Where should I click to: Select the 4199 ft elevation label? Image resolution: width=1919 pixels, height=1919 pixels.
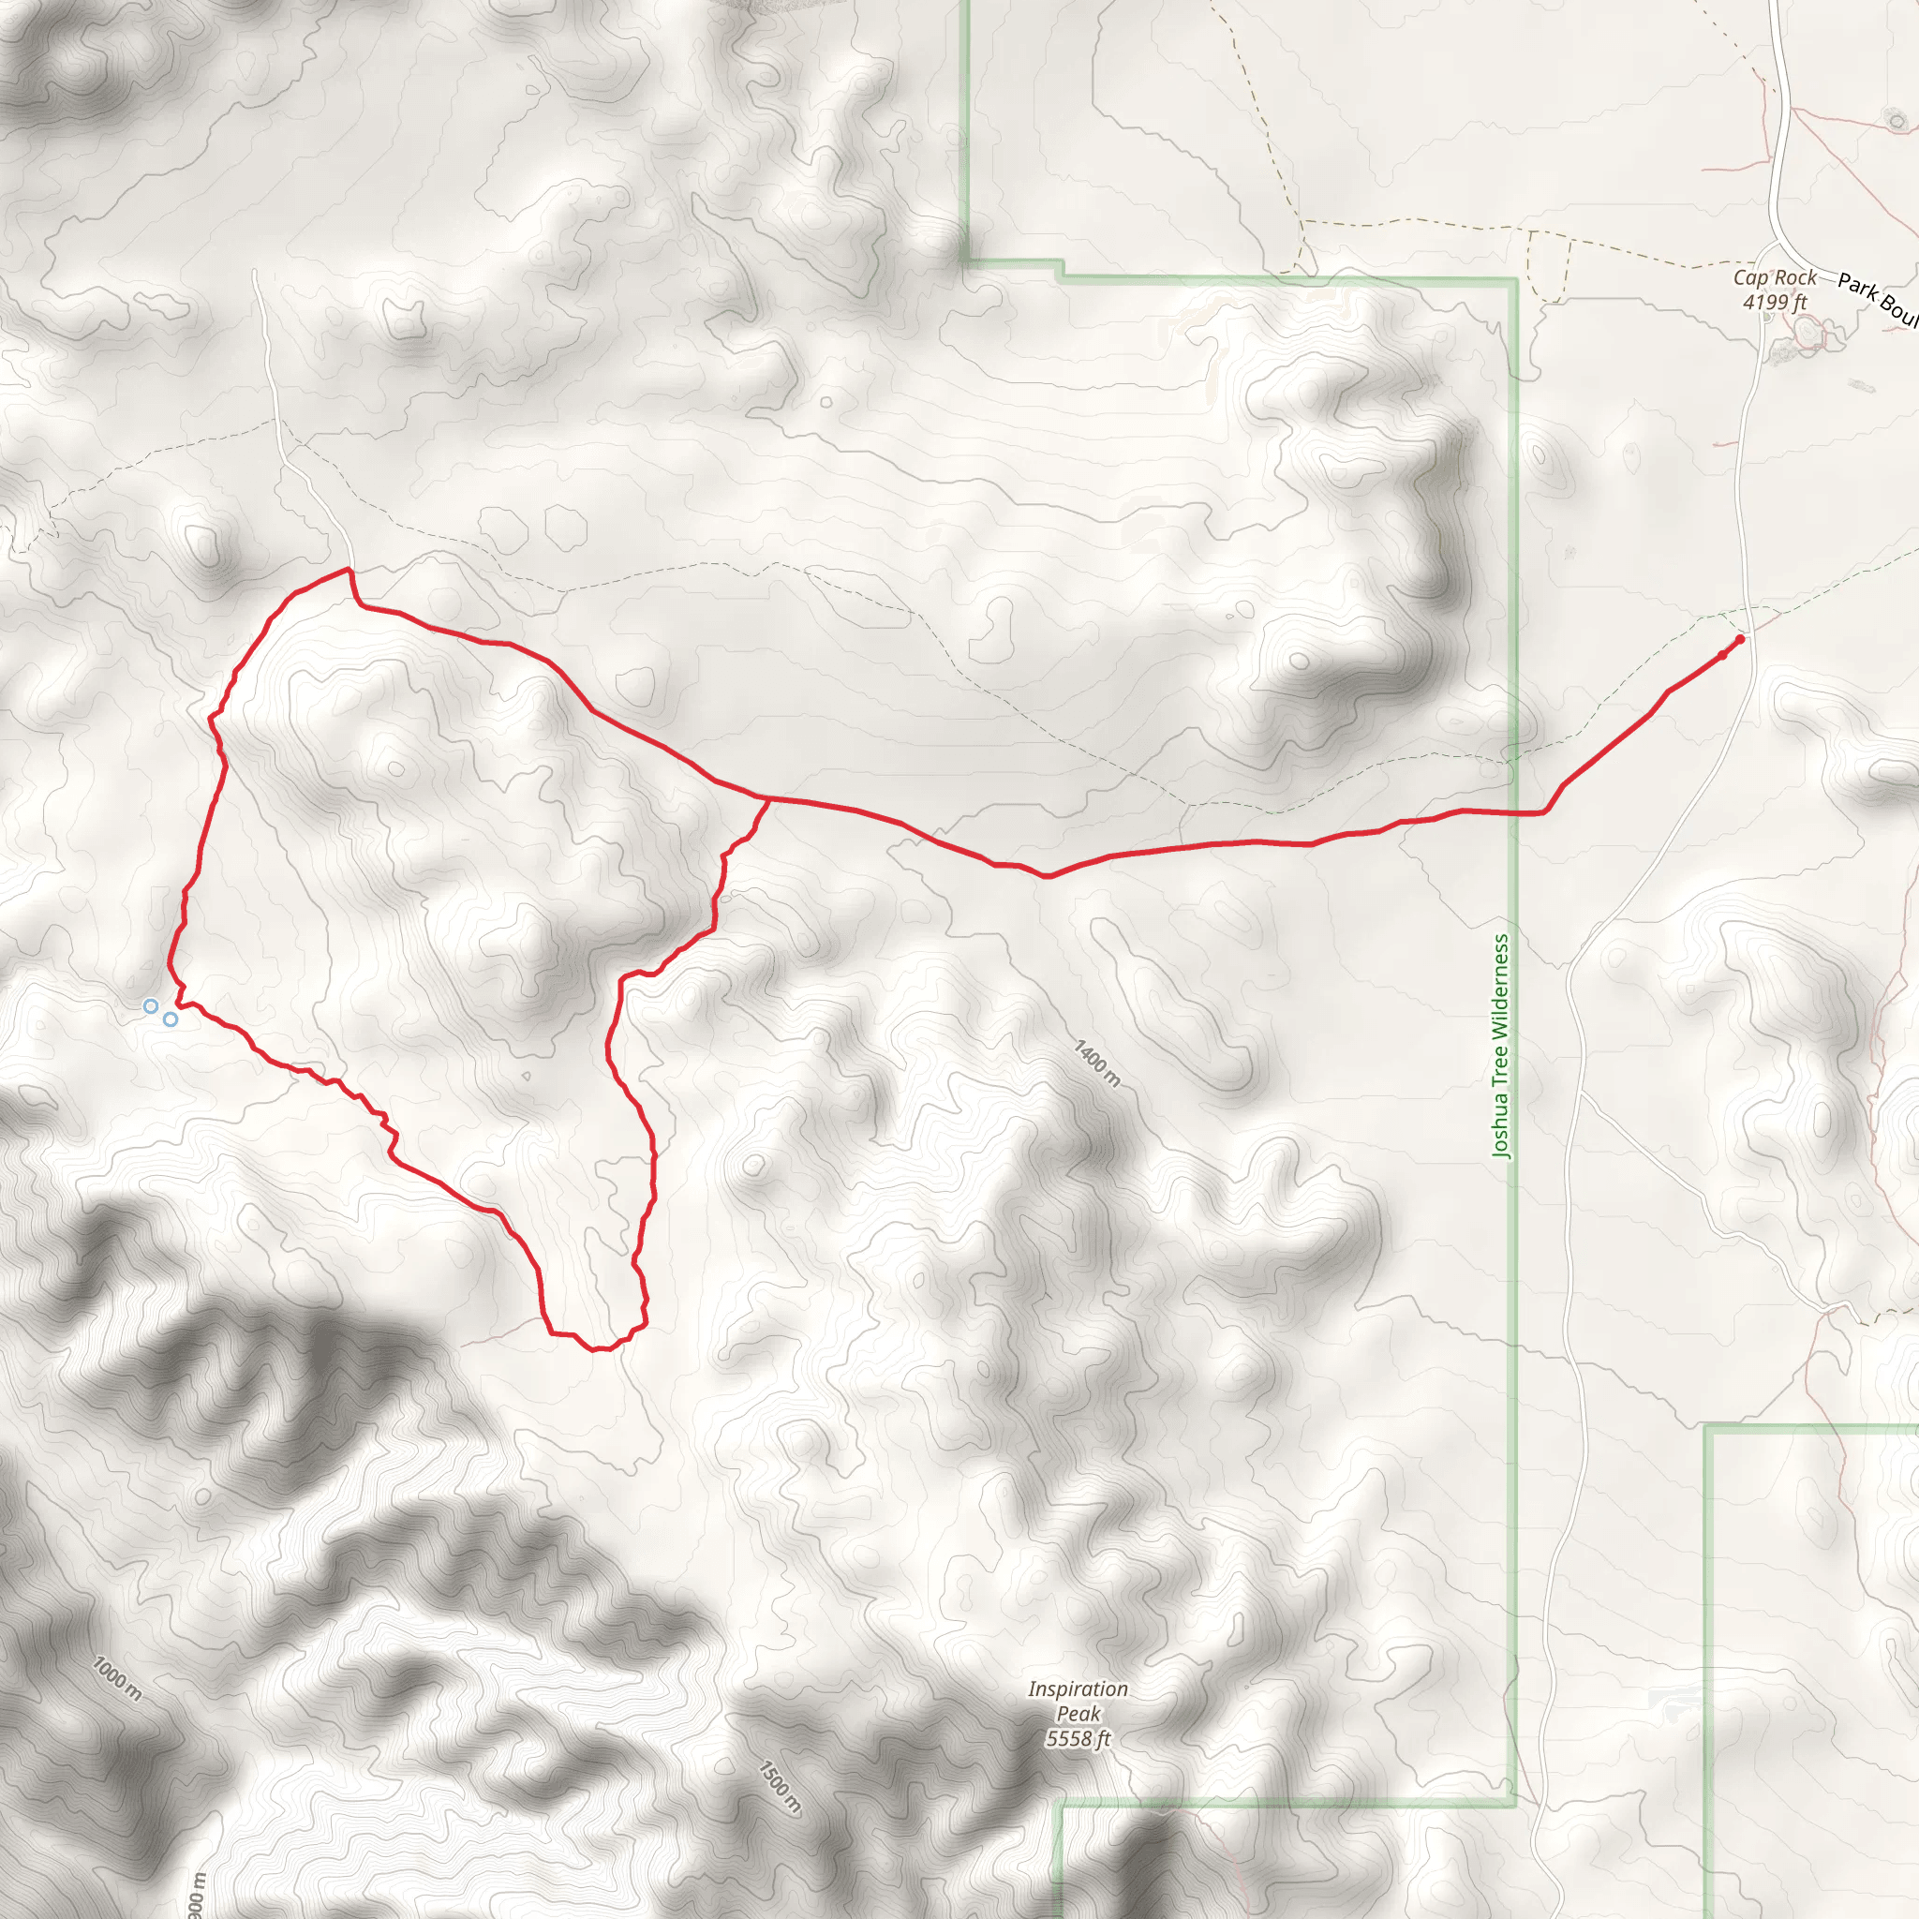click(x=1775, y=302)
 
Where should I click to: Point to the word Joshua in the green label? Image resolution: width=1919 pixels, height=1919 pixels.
click(x=1501, y=1119)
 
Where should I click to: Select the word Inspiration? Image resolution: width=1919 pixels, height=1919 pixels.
click(x=1078, y=1688)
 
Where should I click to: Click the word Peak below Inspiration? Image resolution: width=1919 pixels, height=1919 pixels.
click(x=1078, y=1714)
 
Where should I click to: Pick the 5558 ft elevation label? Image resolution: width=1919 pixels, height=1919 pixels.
click(x=1078, y=1738)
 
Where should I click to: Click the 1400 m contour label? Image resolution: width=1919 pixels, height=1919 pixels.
click(x=1097, y=1063)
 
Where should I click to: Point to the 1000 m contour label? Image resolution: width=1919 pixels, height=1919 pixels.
click(x=117, y=1678)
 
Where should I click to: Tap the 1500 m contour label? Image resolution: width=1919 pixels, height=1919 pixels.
click(x=780, y=1788)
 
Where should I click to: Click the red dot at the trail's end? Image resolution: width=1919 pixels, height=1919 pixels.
click(x=1739, y=640)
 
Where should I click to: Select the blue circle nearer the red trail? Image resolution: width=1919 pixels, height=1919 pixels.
click(x=171, y=1019)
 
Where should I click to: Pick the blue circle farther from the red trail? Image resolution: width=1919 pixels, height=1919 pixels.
click(x=150, y=1006)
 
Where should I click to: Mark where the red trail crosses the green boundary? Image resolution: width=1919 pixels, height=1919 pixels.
click(x=1515, y=812)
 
